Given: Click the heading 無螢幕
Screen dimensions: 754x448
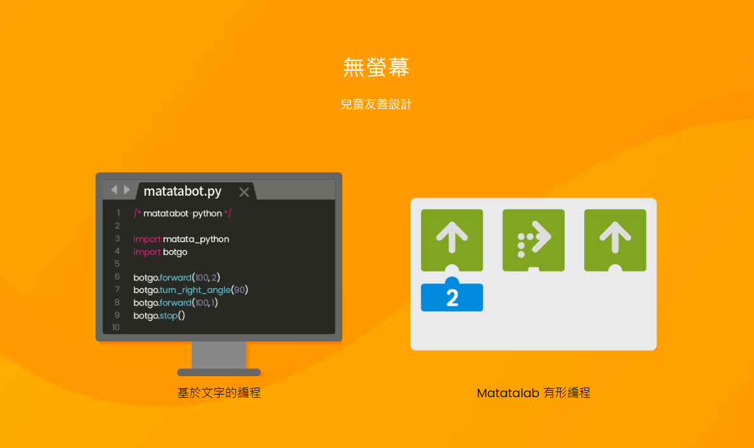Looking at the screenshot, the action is tap(376, 67).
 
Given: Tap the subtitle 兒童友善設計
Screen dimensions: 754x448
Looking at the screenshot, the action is tap(376, 104).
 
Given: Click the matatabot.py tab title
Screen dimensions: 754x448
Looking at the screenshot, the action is tap(183, 191).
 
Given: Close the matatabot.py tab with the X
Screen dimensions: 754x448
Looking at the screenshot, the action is tap(244, 192).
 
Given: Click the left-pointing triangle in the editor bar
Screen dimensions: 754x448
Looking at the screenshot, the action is tap(114, 189).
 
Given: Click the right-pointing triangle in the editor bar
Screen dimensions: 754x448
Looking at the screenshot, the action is tap(127, 189).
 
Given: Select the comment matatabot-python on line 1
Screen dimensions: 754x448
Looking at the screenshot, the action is tap(183, 213).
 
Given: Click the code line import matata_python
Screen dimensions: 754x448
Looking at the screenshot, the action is tap(181, 239).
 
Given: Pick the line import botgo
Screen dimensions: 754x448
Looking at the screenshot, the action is tap(160, 252).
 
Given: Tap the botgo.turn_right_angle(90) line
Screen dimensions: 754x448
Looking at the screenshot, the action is tap(190, 290).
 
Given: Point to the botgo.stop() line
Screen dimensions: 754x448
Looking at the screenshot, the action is tap(159, 315).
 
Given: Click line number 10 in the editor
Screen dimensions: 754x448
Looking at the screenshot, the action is tap(116, 327).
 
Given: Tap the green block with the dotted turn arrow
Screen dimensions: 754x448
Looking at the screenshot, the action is tap(534, 240).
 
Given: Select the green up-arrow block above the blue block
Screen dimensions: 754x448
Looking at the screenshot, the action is tap(452, 240).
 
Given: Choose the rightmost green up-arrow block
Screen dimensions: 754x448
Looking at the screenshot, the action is tap(615, 240).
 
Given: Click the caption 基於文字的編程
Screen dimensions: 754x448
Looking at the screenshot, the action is tap(220, 393).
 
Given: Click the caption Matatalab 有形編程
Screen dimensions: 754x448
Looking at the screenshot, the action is tap(534, 393).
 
